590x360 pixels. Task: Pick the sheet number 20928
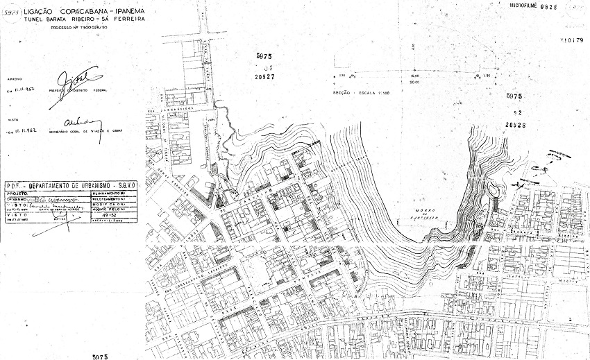tap(514, 125)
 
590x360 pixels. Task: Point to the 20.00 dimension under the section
tap(414, 81)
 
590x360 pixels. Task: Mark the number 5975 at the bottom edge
tap(100, 356)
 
